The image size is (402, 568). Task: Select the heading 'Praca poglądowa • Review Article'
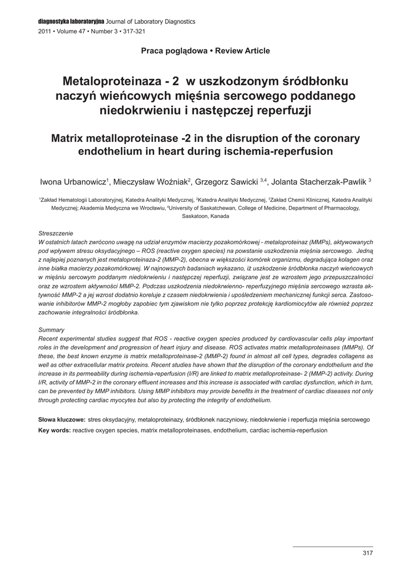pyautogui.click(x=205, y=51)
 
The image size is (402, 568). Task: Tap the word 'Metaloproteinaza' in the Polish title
pyautogui.click(x=110, y=82)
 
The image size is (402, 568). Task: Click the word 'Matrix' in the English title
pyautogui.click(x=70, y=138)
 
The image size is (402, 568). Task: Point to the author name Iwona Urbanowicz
pyautogui.click(x=73, y=181)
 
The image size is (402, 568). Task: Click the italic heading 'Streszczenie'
pyautogui.click(x=55, y=234)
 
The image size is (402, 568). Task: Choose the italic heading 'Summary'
pyautogui.click(x=51, y=329)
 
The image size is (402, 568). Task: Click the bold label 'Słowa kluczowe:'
pyautogui.click(x=62, y=419)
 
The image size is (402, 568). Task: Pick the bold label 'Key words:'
pyautogui.click(x=54, y=430)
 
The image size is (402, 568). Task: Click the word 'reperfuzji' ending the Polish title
pyautogui.click(x=282, y=110)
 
